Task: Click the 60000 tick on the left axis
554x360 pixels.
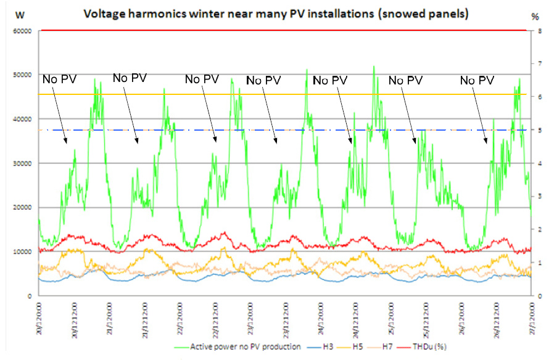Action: (x=23, y=30)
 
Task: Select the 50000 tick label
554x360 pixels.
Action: (x=23, y=75)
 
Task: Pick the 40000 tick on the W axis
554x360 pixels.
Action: (x=23, y=119)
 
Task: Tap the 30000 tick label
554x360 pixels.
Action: (x=23, y=163)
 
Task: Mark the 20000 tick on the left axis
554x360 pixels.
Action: (x=23, y=208)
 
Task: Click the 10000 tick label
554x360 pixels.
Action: (x=23, y=252)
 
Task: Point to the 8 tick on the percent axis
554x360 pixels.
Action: (x=540, y=30)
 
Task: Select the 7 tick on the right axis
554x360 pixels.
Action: (x=540, y=63)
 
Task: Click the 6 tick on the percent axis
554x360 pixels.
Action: (x=540, y=97)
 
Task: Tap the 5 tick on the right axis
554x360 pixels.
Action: (x=540, y=130)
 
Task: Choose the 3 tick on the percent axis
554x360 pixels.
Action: (x=540, y=196)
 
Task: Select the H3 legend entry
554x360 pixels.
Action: (x=327, y=346)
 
